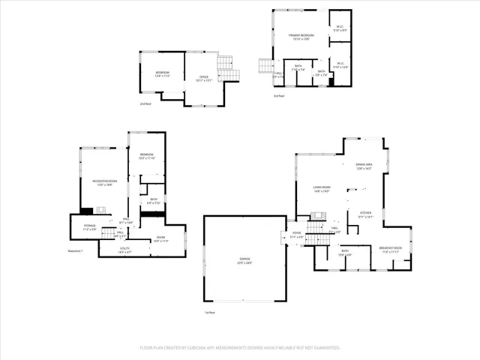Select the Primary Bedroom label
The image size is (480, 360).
[x=301, y=37]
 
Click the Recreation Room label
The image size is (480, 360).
[x=104, y=184]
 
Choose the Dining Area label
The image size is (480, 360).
[x=364, y=166]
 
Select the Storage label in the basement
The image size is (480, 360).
[x=89, y=227]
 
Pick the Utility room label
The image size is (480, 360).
[x=124, y=250]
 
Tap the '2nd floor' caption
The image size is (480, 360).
[x=145, y=103]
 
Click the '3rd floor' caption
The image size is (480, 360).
[x=279, y=96]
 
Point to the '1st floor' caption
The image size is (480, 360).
[x=210, y=312]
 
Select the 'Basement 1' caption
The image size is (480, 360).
[x=75, y=251]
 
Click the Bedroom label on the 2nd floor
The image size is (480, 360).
[x=163, y=74]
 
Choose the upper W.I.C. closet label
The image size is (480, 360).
[x=340, y=29]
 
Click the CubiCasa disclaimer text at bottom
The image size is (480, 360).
[x=240, y=348]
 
